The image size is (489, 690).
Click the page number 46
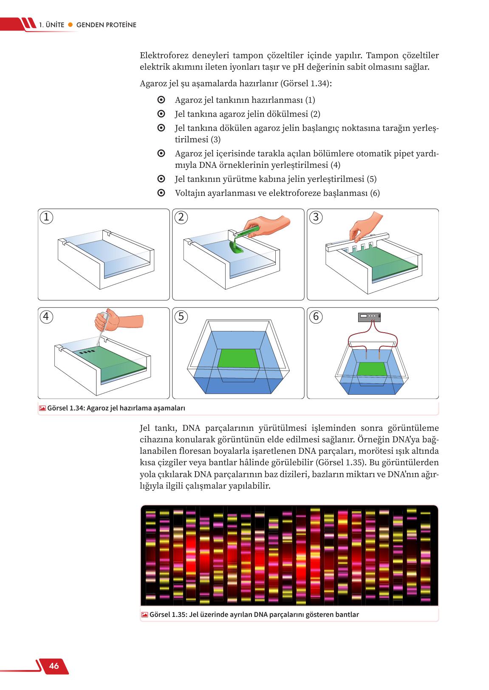point(54,666)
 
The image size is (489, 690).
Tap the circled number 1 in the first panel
point(46,218)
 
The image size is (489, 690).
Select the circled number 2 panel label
point(181,218)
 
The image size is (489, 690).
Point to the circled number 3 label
point(316,218)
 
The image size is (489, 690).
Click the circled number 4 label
point(46,317)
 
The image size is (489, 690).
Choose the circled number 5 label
point(181,317)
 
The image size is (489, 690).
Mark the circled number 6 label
point(316,317)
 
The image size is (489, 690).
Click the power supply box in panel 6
point(369,317)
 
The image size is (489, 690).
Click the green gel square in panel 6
point(372,369)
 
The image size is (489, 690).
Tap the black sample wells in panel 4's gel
point(87,352)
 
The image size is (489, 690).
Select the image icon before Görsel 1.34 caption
point(42,408)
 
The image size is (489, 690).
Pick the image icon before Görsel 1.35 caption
point(144,614)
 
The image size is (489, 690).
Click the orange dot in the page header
point(71,25)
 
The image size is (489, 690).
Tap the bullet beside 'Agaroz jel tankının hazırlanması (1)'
point(161,100)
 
